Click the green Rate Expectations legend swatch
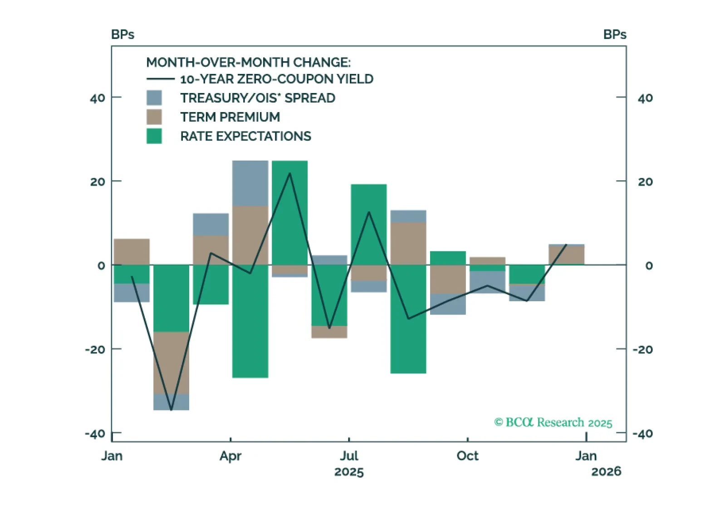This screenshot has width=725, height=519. (x=154, y=136)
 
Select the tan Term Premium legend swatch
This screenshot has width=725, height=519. (x=154, y=117)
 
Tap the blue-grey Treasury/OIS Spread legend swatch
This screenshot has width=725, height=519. (x=154, y=98)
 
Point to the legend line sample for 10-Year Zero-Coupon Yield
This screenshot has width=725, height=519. (x=160, y=79)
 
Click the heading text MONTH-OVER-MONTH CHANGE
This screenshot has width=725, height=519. (x=248, y=62)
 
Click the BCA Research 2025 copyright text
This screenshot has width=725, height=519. (x=553, y=422)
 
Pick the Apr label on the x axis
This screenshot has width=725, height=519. (x=230, y=455)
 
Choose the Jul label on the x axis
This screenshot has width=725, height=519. (x=349, y=455)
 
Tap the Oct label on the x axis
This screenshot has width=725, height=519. (x=467, y=455)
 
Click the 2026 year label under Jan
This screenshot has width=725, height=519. (x=606, y=472)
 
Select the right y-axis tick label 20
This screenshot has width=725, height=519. (x=645, y=182)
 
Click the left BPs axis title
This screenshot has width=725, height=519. (x=122, y=34)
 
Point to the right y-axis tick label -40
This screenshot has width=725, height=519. (x=642, y=434)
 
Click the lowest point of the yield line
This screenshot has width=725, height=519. (x=171, y=410)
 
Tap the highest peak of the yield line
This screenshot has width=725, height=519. (x=290, y=173)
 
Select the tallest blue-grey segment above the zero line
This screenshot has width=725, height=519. (x=250, y=183)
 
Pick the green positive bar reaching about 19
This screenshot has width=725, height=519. (x=368, y=224)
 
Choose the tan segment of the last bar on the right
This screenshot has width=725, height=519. (x=566, y=255)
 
